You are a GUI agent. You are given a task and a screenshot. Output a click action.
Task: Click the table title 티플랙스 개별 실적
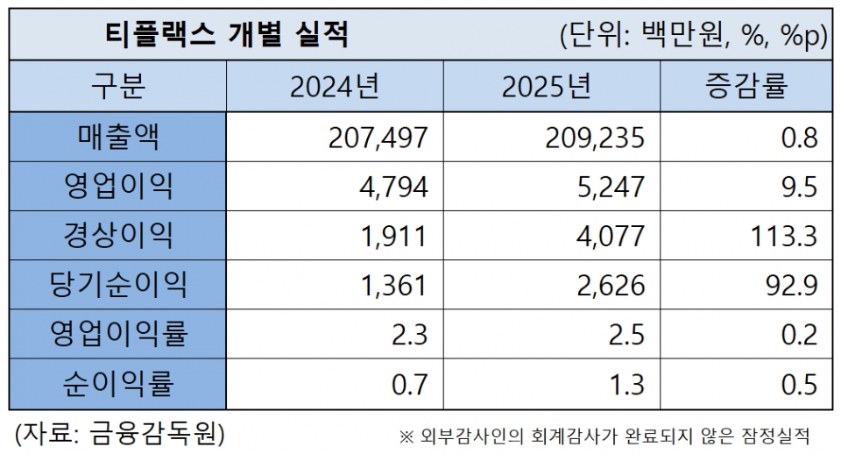click(x=226, y=36)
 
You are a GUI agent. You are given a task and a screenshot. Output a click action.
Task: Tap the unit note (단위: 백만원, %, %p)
click(x=693, y=37)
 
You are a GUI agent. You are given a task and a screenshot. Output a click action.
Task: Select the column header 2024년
click(x=335, y=87)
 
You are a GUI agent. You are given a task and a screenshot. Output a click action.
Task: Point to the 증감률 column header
click(x=746, y=87)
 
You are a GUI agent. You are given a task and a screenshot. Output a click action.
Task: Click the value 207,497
click(x=379, y=138)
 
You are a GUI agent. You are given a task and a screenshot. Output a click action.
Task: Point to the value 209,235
click(x=596, y=138)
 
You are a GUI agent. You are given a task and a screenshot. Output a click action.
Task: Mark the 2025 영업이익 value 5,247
click(x=612, y=187)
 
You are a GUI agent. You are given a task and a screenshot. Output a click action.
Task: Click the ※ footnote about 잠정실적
click(x=604, y=436)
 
